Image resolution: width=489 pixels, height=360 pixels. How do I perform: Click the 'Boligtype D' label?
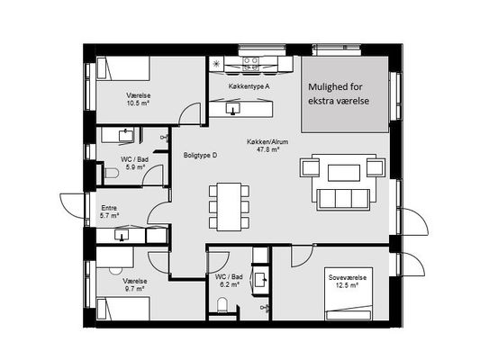200,155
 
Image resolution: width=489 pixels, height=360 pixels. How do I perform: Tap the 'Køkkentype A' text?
249,86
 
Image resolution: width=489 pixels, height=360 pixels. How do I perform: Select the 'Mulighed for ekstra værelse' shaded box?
345,94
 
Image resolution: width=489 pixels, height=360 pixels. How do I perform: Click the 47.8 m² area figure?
267,149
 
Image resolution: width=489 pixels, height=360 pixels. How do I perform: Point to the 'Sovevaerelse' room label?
347,277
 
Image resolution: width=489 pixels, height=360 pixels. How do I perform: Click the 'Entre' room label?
109,208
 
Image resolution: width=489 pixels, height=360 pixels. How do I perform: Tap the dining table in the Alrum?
230,207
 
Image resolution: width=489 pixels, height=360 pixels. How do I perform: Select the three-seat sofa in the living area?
343,200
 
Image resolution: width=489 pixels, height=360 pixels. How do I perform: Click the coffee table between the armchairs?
344,173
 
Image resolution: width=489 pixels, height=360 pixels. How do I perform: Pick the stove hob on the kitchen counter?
250,63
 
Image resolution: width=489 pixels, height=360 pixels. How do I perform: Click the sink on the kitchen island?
232,109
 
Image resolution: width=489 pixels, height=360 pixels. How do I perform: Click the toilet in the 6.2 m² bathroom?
222,305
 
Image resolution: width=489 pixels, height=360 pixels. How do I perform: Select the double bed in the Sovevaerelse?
349,293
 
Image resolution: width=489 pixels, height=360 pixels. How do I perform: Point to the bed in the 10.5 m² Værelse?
123,67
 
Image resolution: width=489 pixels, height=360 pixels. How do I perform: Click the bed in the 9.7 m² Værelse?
123,309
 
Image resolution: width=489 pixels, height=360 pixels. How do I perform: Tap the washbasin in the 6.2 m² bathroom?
260,280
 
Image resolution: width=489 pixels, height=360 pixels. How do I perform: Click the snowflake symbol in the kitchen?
215,64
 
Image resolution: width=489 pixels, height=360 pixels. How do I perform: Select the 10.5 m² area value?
138,103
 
